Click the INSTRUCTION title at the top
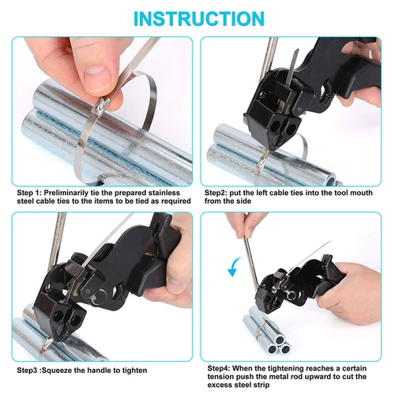(199, 18)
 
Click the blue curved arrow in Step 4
(234, 267)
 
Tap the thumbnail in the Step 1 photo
(97, 77)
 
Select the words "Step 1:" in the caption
(29, 193)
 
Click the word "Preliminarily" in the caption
(66, 193)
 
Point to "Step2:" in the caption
(216, 193)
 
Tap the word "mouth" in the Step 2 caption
(361, 193)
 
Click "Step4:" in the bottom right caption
(219, 368)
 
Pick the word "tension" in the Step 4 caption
(220, 377)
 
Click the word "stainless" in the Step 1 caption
(164, 193)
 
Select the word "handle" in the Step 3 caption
(100, 371)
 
